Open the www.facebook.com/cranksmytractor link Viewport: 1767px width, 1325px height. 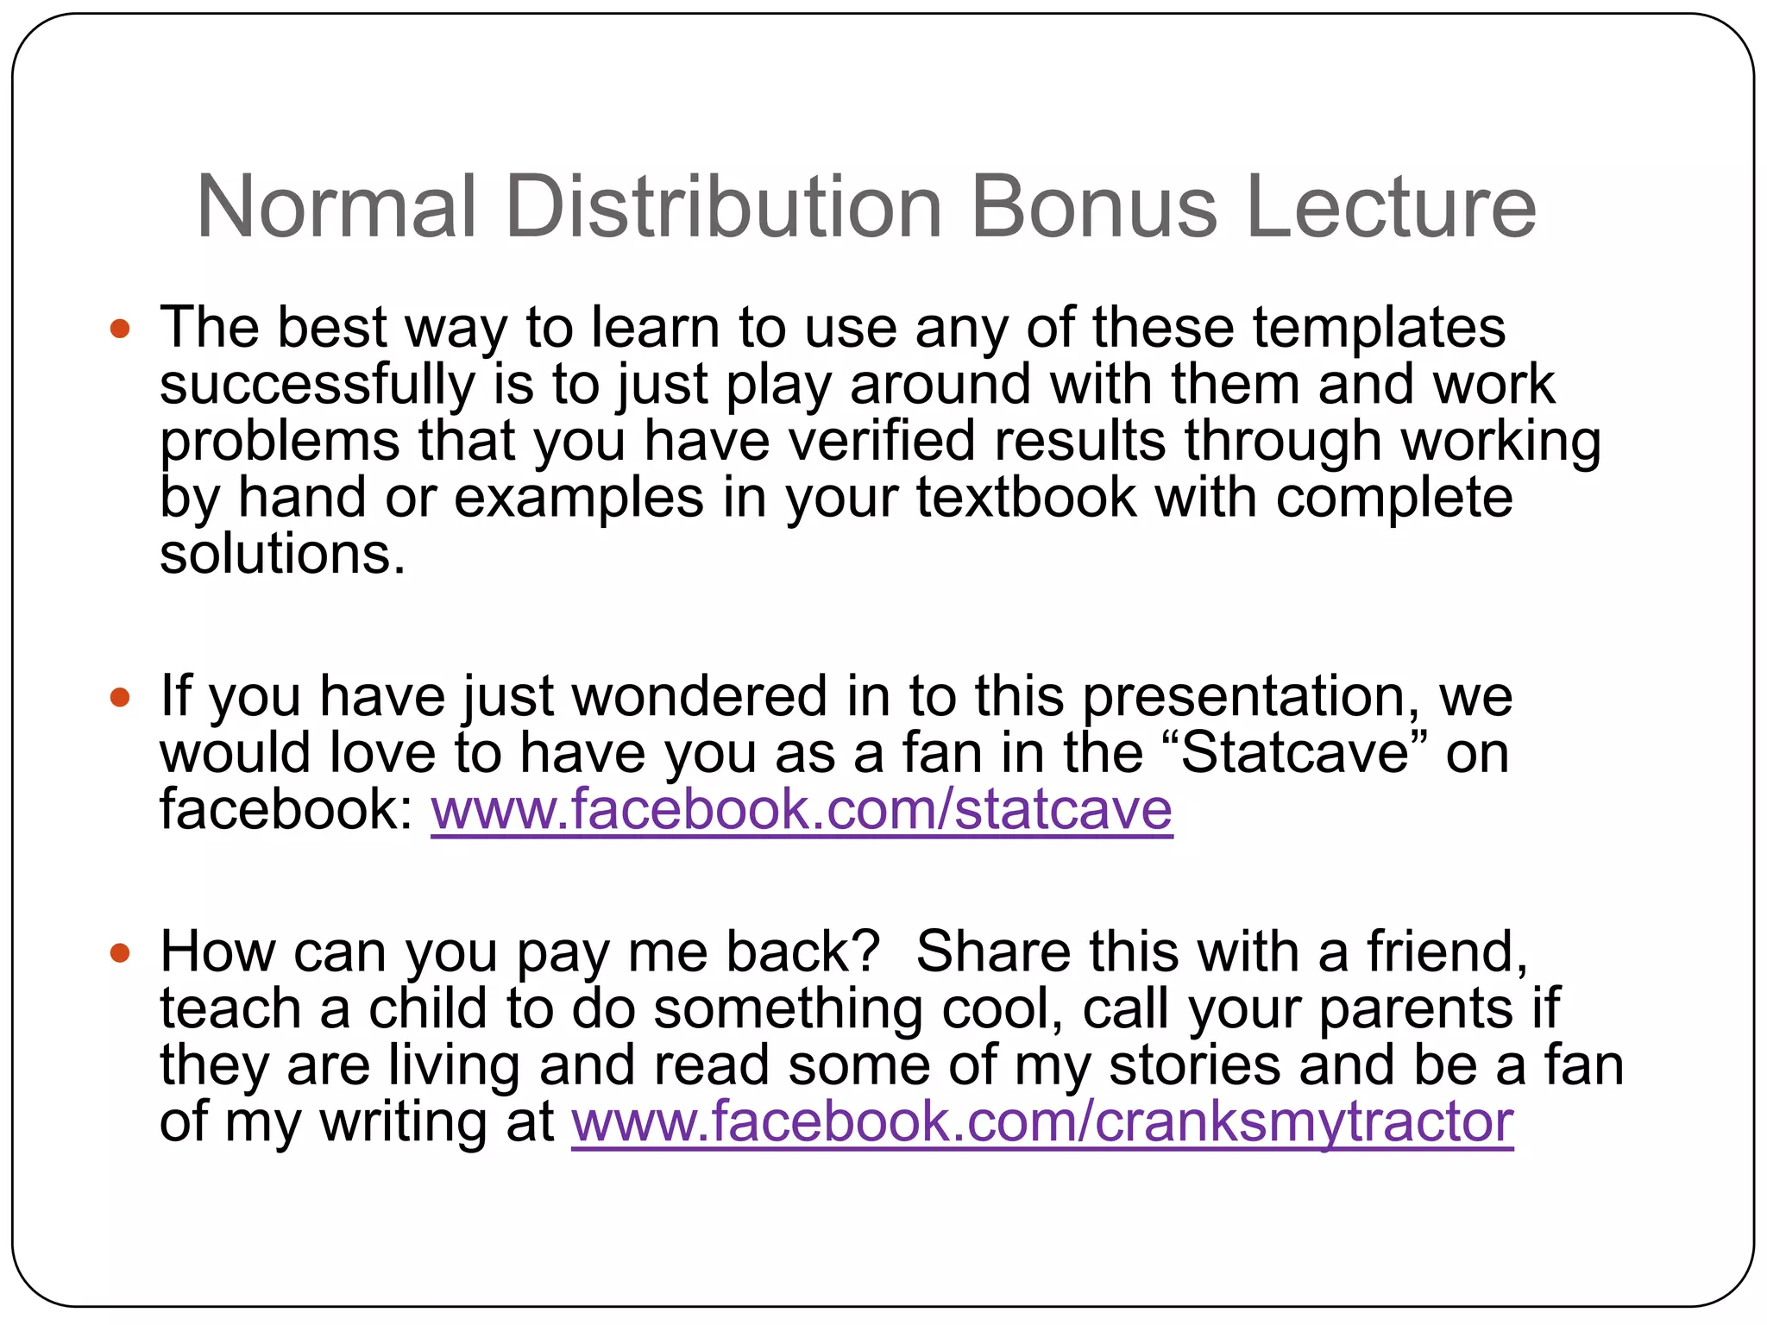(1042, 1121)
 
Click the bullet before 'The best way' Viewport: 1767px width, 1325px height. (120, 329)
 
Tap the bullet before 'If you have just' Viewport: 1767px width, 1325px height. (120, 697)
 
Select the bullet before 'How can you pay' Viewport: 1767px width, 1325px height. (120, 953)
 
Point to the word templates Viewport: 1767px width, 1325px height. (1379, 329)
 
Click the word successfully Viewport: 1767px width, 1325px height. (318, 385)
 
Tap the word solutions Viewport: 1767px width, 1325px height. (282, 554)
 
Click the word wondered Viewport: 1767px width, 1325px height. (699, 697)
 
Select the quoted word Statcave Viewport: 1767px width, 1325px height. (1294, 753)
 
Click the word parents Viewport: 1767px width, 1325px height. (1416, 1009)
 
